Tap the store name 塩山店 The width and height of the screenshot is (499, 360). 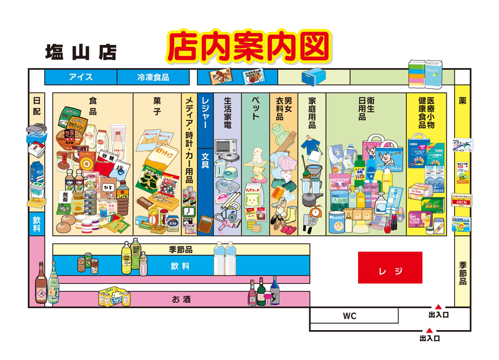point(80,52)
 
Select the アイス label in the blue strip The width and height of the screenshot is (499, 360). point(81,77)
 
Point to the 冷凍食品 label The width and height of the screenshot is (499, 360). point(153,77)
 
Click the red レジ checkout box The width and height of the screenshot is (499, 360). point(390,268)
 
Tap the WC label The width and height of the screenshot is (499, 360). point(349,316)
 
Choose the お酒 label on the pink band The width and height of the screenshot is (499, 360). point(182,299)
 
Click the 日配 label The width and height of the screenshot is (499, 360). point(36,105)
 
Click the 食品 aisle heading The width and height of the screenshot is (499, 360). point(92,105)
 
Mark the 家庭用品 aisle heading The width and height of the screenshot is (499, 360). point(312,112)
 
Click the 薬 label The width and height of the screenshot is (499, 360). point(462,100)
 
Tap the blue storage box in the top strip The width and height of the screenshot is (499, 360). point(312,77)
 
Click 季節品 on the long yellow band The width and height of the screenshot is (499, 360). point(180,250)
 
